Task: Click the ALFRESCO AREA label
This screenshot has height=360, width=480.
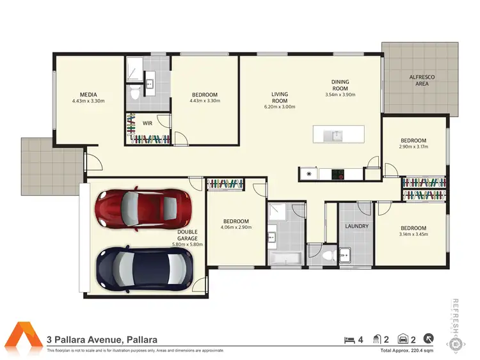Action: [422, 80]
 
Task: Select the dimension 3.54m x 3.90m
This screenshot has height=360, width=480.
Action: [340, 95]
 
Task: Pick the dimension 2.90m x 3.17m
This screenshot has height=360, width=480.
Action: [413, 146]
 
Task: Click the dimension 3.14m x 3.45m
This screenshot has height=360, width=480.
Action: [413, 235]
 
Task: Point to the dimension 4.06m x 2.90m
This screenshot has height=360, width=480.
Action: [236, 227]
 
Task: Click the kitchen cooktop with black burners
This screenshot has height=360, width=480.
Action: [340, 173]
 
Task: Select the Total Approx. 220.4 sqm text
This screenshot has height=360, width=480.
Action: [407, 351]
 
